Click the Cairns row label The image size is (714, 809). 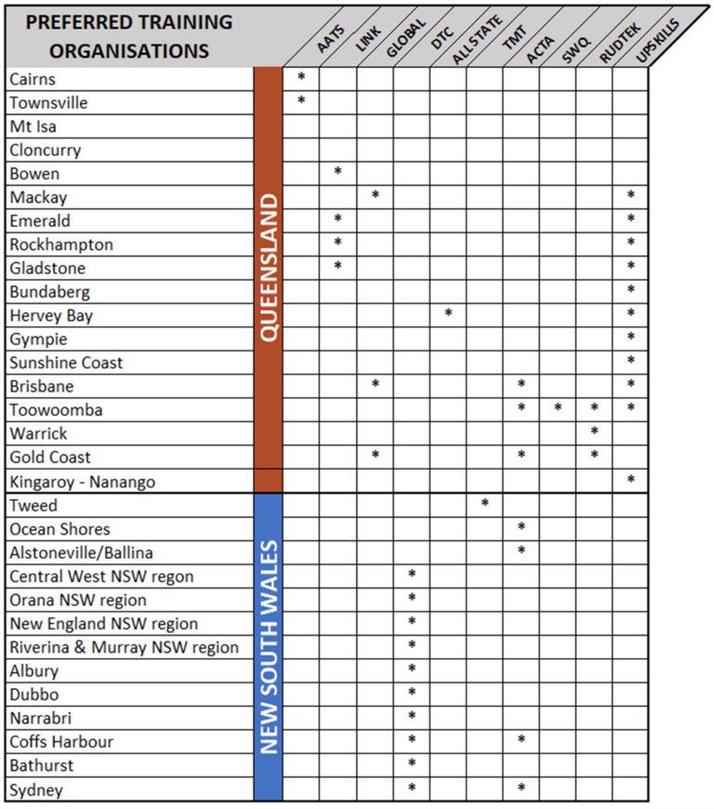click(x=33, y=80)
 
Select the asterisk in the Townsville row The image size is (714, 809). click(x=301, y=99)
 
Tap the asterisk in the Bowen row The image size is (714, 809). click(x=337, y=171)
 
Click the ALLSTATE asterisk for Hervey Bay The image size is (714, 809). click(x=448, y=313)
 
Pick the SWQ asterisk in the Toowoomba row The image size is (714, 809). click(x=558, y=408)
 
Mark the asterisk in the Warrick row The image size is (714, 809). click(x=594, y=431)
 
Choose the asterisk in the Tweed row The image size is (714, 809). click(x=484, y=503)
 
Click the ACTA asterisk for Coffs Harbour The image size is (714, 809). click(x=522, y=740)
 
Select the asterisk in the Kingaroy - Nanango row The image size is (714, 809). click(x=630, y=480)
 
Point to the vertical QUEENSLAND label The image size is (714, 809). click(x=268, y=267)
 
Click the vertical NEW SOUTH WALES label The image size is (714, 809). click(x=268, y=647)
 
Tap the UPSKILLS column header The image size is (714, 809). click(x=656, y=45)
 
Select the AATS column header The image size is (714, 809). click(x=330, y=43)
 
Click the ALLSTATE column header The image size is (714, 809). click(x=476, y=43)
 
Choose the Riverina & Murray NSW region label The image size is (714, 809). click(x=124, y=647)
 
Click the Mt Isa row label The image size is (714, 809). click(x=33, y=126)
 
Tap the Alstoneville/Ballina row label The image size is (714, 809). click(x=81, y=552)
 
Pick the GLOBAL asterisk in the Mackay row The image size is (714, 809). click(x=375, y=195)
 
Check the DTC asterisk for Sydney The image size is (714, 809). click(x=412, y=789)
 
